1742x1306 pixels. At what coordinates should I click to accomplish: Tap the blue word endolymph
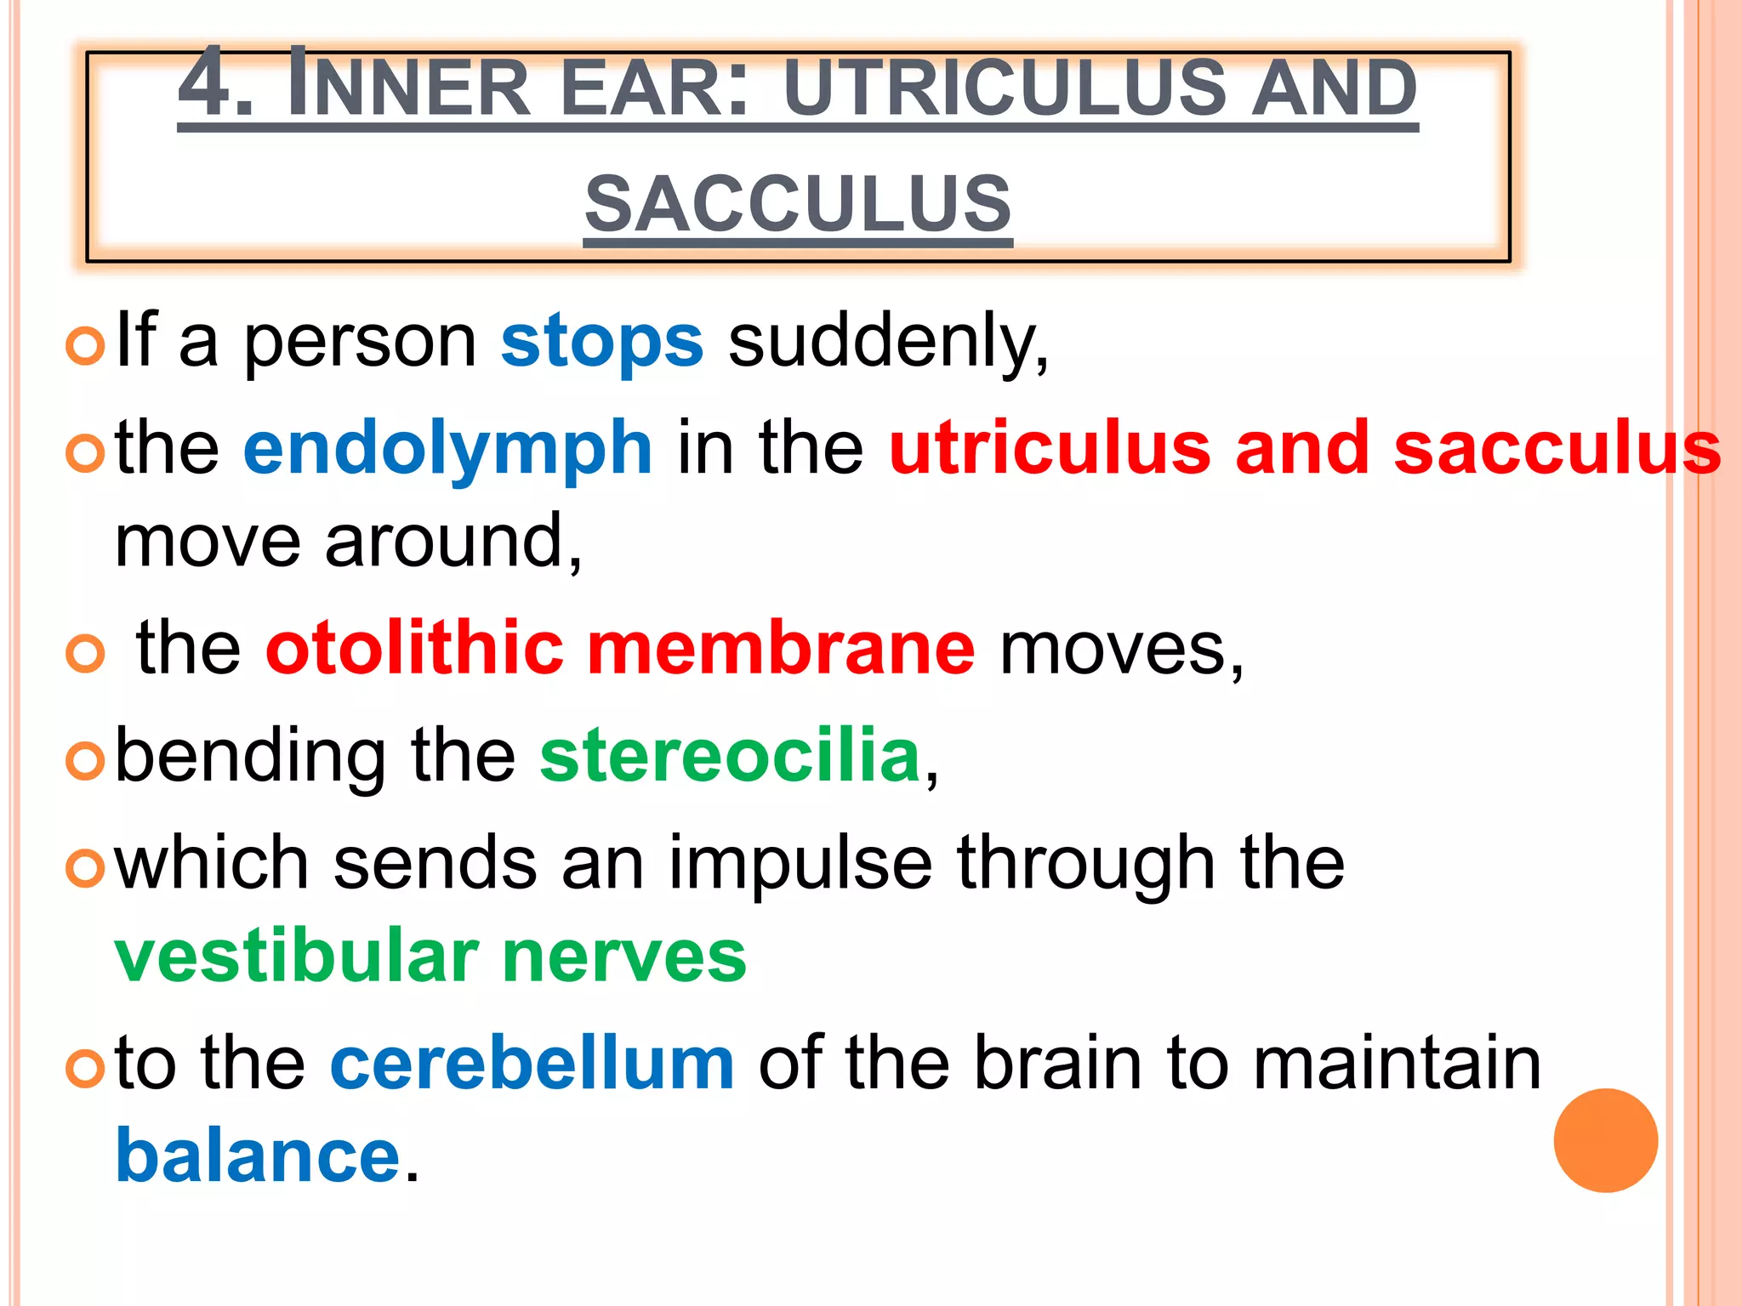click(x=447, y=449)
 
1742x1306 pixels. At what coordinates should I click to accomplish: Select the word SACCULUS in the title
click(x=798, y=204)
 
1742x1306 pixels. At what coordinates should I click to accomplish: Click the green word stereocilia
click(x=731, y=756)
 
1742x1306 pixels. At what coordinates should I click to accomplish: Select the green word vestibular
click(x=297, y=957)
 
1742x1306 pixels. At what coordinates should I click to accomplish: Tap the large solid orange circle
click(x=1605, y=1140)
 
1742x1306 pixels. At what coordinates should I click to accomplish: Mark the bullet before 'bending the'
click(x=85, y=760)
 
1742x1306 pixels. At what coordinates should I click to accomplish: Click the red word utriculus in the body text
click(x=1050, y=449)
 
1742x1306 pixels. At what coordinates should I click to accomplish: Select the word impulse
click(x=800, y=864)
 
